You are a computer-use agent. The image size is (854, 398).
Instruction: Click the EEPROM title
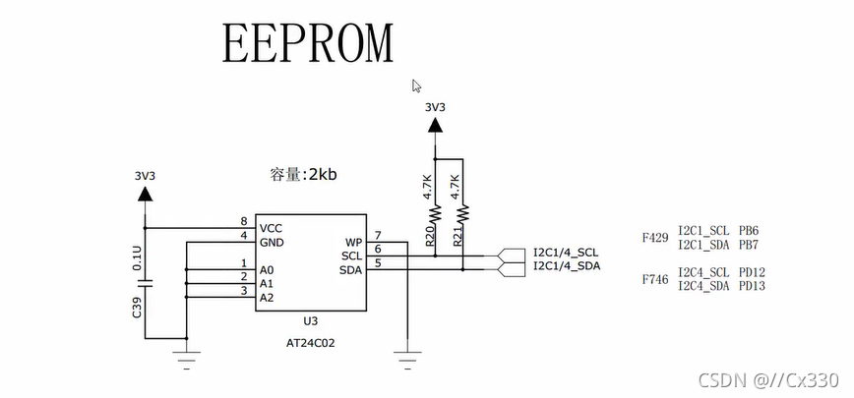pos(308,42)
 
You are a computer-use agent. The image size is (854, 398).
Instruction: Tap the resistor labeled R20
pos(434,211)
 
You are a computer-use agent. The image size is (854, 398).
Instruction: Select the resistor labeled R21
pos(463,211)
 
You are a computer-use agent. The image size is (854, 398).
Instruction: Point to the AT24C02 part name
pos(310,344)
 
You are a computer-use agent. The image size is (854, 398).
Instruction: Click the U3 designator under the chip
pos(310,321)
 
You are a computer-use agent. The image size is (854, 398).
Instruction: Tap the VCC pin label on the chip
pos(272,228)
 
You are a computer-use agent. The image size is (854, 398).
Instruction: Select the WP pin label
pos(353,242)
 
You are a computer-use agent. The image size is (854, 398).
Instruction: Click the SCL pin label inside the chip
pos(350,256)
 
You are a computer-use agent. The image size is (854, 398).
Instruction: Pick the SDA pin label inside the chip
pos(350,269)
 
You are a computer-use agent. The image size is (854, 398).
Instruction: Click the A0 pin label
pos(267,269)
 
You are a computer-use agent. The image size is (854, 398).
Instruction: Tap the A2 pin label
pos(267,297)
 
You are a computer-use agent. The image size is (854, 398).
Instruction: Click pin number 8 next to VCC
pos(243,222)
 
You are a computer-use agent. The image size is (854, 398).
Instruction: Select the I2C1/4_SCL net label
pos(566,253)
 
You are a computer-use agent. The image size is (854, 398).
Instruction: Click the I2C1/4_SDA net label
pos(566,266)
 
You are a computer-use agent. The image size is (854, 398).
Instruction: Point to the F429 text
pos(655,238)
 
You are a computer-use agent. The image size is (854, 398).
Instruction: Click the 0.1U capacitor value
pos(137,257)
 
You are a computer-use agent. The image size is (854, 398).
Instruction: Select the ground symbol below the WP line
pos(406,347)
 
